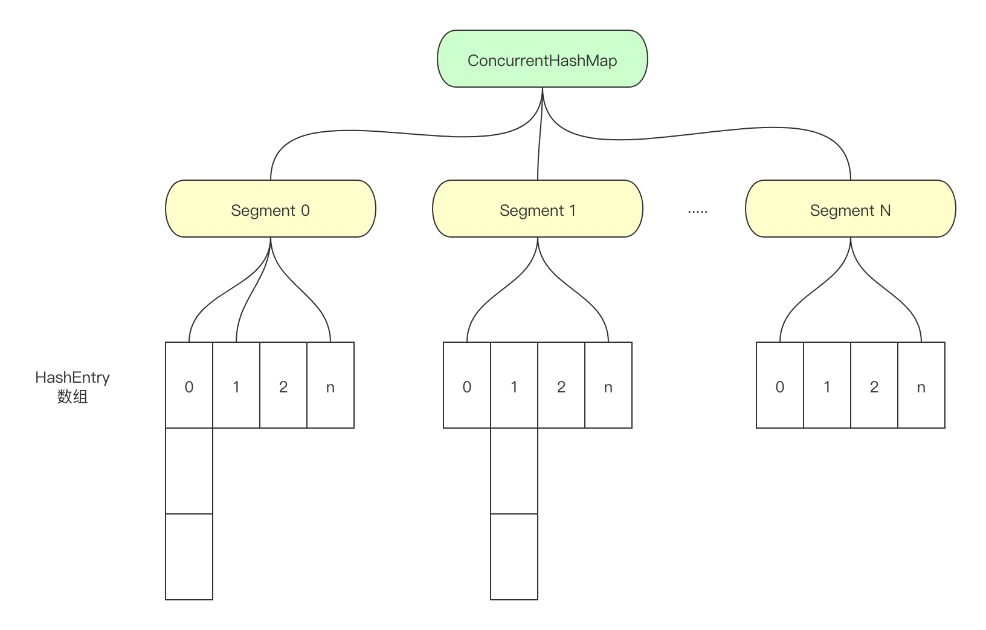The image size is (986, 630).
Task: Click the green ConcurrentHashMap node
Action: coord(542,59)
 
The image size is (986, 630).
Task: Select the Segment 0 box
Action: coord(270,209)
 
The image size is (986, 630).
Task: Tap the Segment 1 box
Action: coord(537,209)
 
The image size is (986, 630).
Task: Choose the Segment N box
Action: coord(850,209)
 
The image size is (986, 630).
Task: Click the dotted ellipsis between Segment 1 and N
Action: coord(697,212)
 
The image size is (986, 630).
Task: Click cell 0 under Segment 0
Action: coord(189,386)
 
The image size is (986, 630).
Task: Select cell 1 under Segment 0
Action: coord(236,386)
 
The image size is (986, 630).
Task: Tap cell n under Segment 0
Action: coord(330,386)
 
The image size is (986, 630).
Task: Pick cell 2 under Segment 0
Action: coord(283,386)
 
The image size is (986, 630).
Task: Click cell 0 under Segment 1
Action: coord(467,386)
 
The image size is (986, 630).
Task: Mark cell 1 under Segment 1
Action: coord(514,386)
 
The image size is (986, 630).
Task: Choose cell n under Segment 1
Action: coord(608,386)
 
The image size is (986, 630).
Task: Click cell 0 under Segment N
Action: coord(780,386)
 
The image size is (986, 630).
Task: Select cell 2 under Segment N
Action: coord(874,386)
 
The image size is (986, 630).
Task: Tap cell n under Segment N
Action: coord(921,386)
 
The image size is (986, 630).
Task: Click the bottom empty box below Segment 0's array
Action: coord(189,557)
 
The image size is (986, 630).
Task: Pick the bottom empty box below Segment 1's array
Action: coord(514,557)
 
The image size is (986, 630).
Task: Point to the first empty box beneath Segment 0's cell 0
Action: coord(189,471)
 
